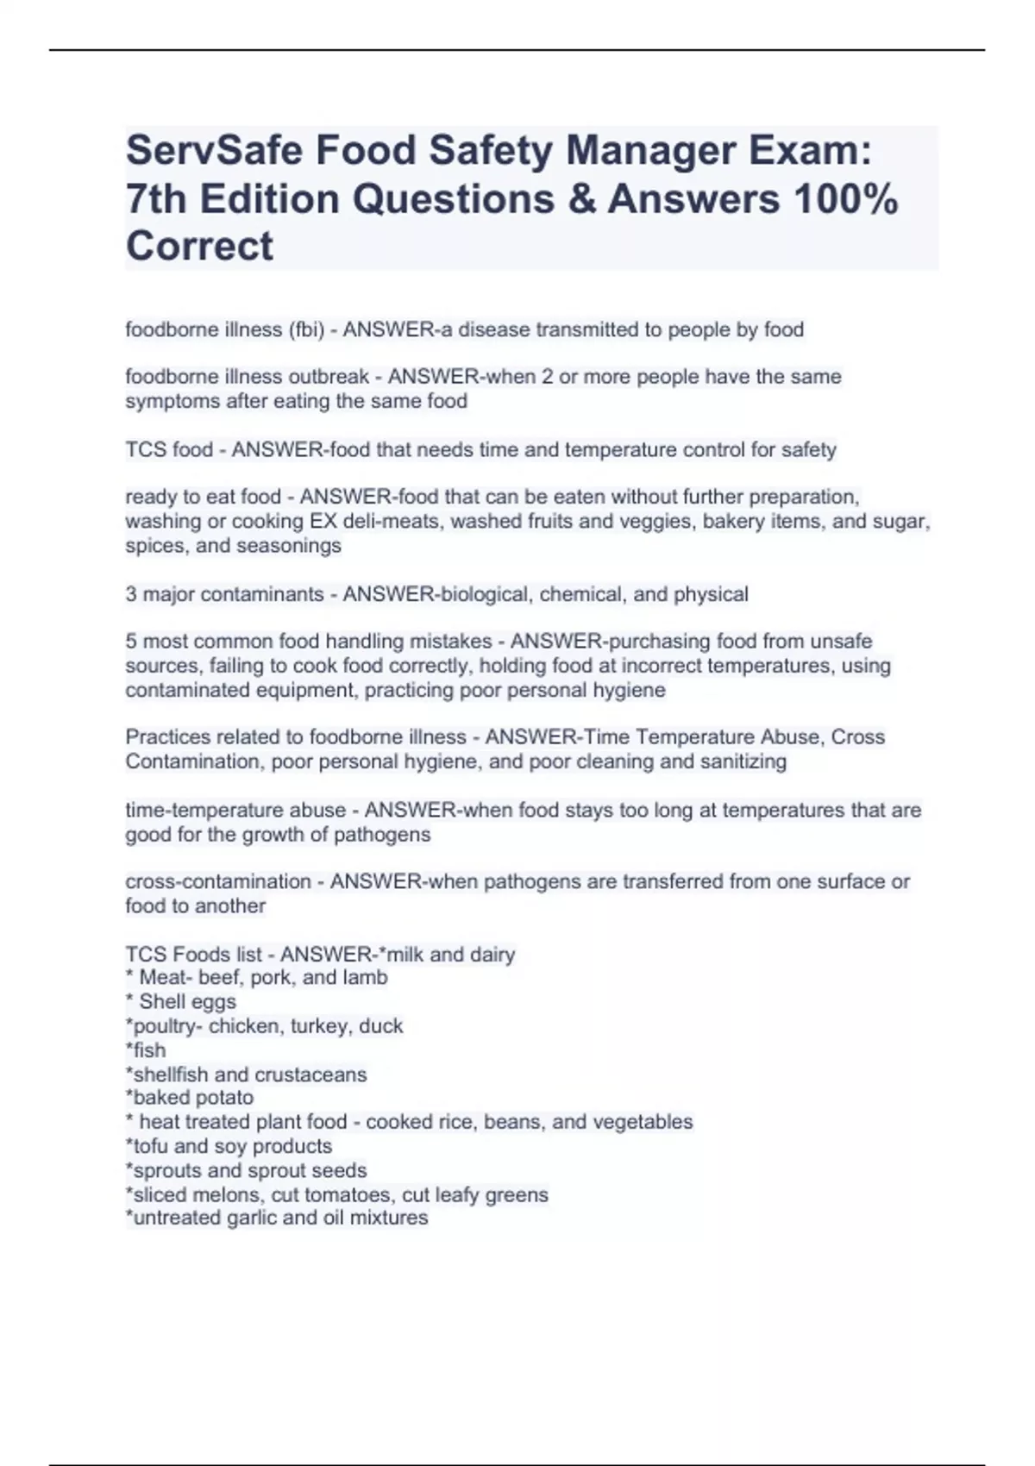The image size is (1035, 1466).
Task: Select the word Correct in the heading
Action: [199, 247]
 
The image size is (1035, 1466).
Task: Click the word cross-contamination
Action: [218, 881]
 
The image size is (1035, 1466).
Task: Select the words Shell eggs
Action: [187, 1002]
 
